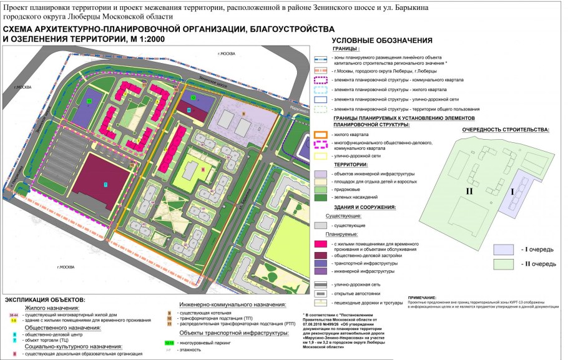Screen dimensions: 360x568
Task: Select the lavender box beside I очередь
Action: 504,249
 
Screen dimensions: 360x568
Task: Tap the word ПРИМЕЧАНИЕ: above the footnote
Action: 423,298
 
